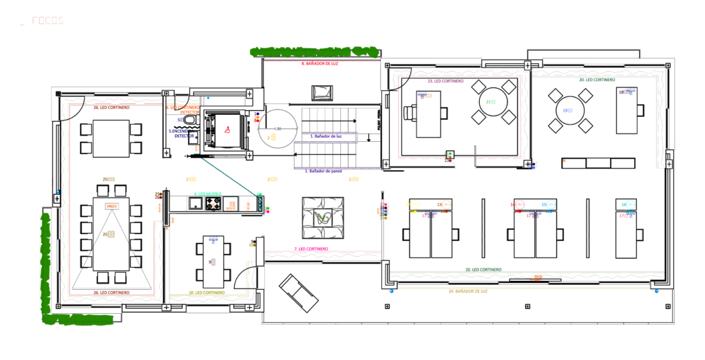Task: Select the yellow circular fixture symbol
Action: click(x=414, y=204)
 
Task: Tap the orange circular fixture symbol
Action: click(x=446, y=204)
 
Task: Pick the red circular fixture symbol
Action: click(x=519, y=204)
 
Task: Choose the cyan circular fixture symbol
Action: click(x=550, y=204)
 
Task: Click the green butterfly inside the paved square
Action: click(x=323, y=218)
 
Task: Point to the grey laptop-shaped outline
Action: click(x=322, y=92)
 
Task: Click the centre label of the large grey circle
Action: click(x=277, y=129)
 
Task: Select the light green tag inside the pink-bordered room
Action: click(x=491, y=102)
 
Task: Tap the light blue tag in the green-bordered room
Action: click(x=567, y=110)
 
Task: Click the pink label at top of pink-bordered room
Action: click(x=445, y=81)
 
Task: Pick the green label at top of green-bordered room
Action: click(x=597, y=79)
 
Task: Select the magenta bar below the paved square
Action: click(x=322, y=251)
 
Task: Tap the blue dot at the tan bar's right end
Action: click(x=656, y=292)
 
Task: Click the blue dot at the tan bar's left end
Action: click(x=391, y=292)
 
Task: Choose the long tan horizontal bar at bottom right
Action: click(x=523, y=289)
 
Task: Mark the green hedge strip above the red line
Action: click(x=314, y=52)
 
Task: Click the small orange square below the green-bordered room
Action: click(x=565, y=161)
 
